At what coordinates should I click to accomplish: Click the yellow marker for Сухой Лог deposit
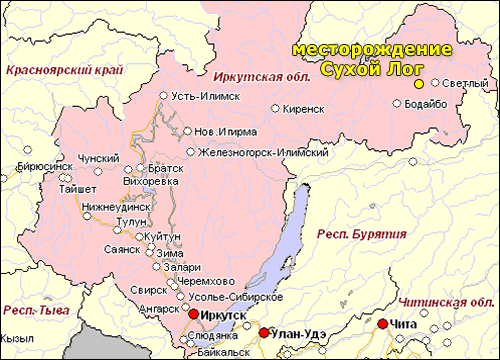tap(420, 83)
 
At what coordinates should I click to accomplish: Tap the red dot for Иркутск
tap(193, 313)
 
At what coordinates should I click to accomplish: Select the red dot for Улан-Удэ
tap(264, 333)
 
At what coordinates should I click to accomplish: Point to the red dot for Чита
tap(382, 323)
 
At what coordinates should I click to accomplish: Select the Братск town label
tap(166, 169)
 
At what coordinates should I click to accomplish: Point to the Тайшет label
tap(64, 187)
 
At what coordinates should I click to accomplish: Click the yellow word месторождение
tap(369, 50)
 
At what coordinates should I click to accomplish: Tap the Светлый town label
tap(465, 83)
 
